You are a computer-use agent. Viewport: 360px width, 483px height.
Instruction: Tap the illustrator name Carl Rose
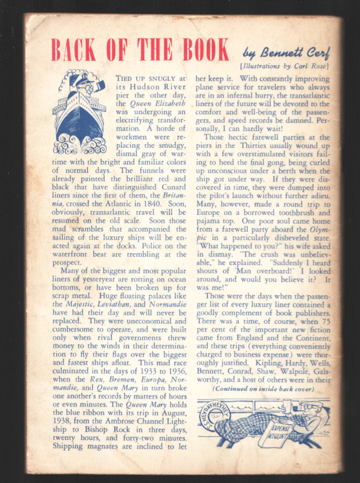pos(306,65)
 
